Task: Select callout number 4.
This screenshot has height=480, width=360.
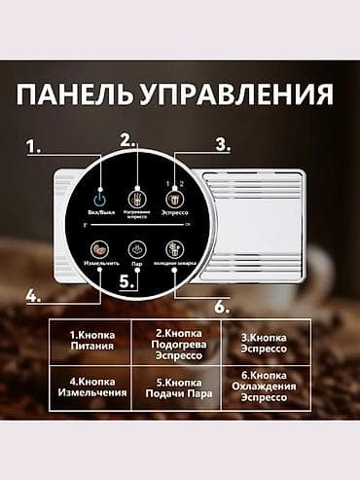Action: click(33, 296)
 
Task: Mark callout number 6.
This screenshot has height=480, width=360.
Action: click(221, 305)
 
